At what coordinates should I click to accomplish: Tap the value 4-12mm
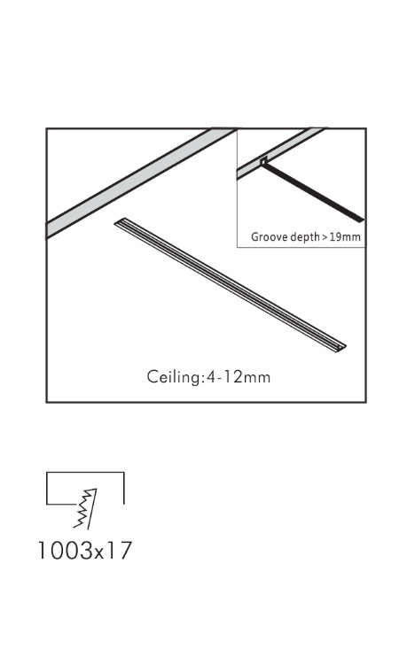pos(238,376)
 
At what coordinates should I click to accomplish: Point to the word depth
pos(304,236)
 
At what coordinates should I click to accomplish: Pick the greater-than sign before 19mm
pos(325,237)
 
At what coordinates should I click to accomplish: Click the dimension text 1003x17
pos(85,550)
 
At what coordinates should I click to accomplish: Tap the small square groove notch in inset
pos(262,161)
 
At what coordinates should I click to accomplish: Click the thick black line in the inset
pos(313,193)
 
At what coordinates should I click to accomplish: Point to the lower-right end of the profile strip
pos(341,348)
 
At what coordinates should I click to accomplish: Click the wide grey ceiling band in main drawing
pos(140,183)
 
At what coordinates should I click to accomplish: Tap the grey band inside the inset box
pos(280,153)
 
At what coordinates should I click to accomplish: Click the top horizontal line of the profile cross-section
pos(85,472)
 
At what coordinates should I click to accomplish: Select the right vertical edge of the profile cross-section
pos(124,488)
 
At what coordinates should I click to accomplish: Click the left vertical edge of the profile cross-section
pos(47,488)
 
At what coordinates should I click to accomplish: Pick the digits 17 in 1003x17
pos(121,550)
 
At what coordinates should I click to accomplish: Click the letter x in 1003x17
pos(100,553)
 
